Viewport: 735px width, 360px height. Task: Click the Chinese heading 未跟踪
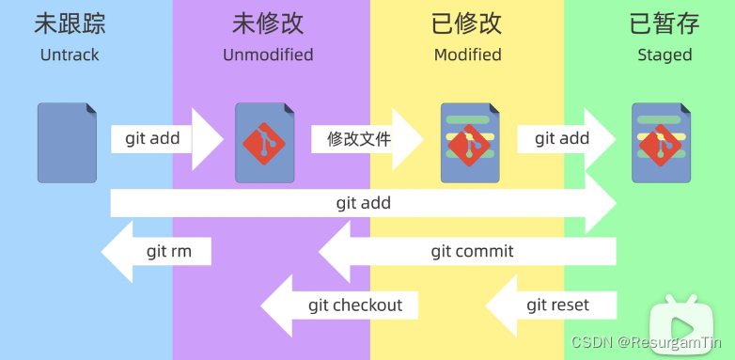click(70, 23)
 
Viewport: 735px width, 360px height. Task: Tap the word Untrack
click(70, 55)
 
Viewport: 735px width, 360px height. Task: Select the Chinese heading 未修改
click(268, 23)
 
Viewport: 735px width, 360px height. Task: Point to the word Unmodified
click(268, 55)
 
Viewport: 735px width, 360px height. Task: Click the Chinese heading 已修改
click(467, 23)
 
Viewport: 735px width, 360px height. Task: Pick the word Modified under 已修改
click(467, 55)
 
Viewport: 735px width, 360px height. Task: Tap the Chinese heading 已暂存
click(665, 23)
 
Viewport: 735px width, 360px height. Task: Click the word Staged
click(665, 55)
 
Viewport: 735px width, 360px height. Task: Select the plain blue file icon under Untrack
click(67, 142)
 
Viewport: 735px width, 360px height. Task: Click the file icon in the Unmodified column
click(265, 142)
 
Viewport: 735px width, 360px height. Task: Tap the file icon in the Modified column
click(470, 142)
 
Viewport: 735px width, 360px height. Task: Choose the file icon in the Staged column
click(662, 142)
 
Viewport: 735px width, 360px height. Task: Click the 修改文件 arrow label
click(359, 139)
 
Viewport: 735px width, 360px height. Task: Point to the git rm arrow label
click(169, 251)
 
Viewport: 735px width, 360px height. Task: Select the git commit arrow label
click(472, 251)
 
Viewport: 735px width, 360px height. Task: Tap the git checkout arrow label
click(354, 305)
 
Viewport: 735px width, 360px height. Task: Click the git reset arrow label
click(557, 305)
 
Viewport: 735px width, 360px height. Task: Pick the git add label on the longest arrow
click(363, 202)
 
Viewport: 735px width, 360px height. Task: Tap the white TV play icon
click(690, 321)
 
